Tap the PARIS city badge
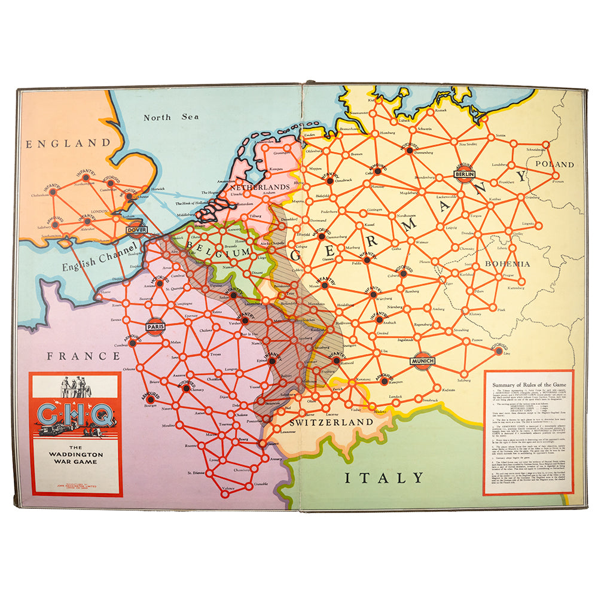155,327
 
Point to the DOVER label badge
136,229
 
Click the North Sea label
170,117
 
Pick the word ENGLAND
68,144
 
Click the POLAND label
554,164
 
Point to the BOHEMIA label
508,263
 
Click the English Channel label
99,258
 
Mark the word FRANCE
84,356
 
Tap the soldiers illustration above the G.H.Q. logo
75,386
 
